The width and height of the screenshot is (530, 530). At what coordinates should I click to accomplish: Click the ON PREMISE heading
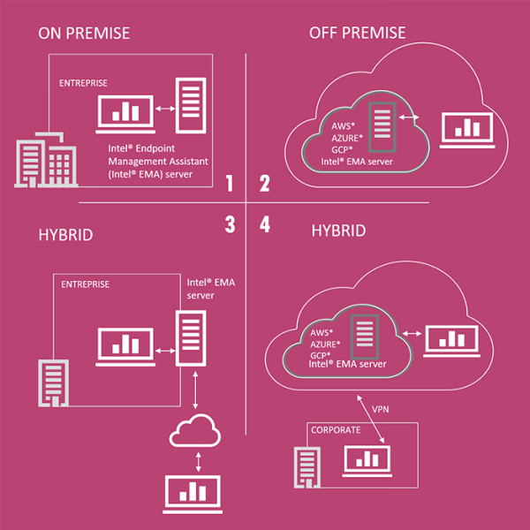(x=84, y=33)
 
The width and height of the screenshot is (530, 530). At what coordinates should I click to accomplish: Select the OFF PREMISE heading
(x=358, y=33)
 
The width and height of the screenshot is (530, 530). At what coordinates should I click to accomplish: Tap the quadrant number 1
(x=229, y=184)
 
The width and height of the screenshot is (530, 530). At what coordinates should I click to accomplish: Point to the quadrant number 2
(x=264, y=184)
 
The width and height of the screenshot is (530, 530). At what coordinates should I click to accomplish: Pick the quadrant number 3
(x=229, y=224)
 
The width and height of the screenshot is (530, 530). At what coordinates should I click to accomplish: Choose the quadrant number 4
(x=264, y=224)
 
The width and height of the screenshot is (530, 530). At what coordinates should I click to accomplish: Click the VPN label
(x=380, y=410)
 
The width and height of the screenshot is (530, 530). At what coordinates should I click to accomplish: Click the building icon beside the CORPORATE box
(x=310, y=466)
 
